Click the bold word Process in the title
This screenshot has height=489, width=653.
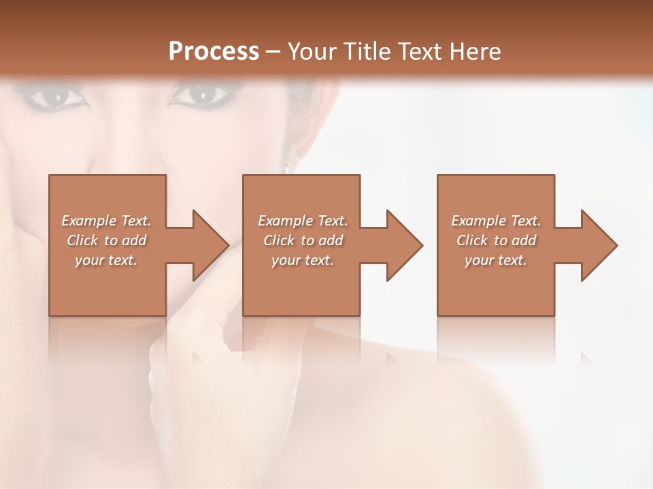[214, 52]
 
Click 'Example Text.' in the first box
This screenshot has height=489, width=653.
[107, 221]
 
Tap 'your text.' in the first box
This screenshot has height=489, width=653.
[107, 260]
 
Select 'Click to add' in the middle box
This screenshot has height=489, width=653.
[303, 240]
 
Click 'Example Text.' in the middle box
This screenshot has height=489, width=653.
[303, 221]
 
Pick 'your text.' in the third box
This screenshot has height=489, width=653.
[496, 260]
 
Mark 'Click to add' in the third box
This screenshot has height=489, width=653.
[496, 240]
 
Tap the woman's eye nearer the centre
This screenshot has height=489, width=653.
[201, 94]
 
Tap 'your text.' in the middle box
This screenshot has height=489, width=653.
[303, 260]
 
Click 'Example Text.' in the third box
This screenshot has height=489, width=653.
[496, 221]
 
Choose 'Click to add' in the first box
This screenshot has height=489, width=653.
[107, 240]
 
